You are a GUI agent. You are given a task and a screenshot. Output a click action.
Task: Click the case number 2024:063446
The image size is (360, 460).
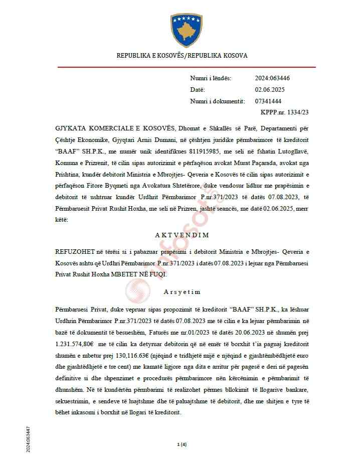tap(272, 78)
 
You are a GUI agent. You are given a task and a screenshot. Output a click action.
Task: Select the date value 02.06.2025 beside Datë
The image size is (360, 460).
tap(269, 90)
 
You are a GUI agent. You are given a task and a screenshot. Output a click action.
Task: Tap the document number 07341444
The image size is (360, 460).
tap(268, 101)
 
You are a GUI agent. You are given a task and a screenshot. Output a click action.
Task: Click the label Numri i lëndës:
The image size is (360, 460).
tap(211, 78)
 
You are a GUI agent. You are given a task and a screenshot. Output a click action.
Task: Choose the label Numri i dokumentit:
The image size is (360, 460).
tap(217, 101)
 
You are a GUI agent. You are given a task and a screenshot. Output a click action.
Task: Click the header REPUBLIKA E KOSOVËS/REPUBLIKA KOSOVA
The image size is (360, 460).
tap(182, 55)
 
